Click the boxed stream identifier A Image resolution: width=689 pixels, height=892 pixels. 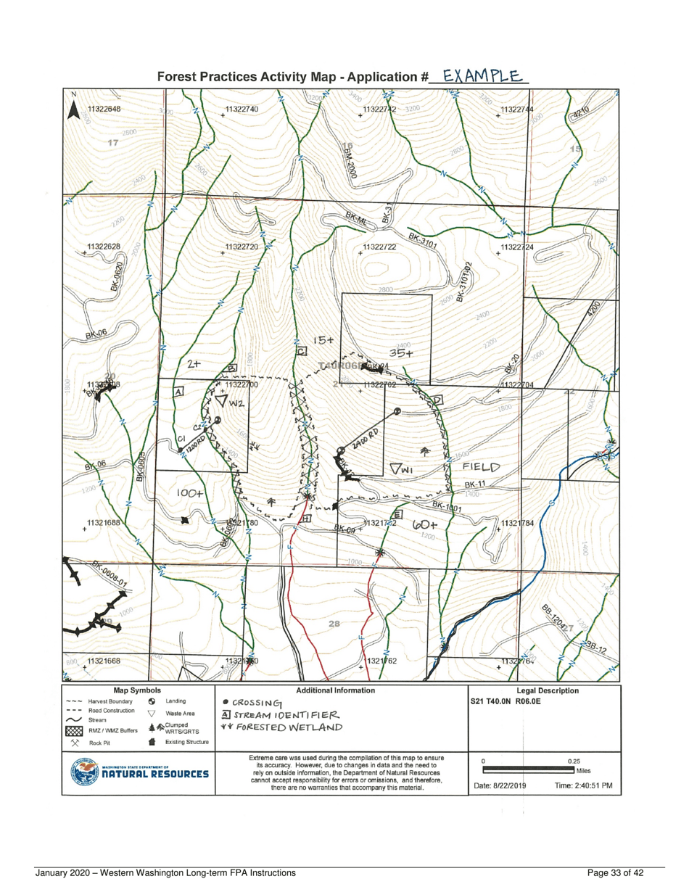tap(178, 392)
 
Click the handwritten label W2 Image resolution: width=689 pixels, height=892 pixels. tap(227, 400)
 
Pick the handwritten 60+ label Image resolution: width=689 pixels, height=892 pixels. tap(426, 524)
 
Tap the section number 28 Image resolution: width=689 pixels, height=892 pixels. tap(336, 624)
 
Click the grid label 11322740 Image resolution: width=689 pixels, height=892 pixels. tap(242, 109)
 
